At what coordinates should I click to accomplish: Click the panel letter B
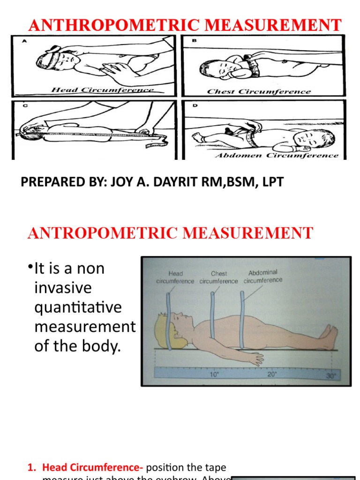(x=194, y=41)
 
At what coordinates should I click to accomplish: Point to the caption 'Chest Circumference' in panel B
(x=259, y=91)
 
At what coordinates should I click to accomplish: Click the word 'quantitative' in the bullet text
(x=78, y=307)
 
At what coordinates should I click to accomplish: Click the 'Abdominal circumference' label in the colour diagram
(x=262, y=276)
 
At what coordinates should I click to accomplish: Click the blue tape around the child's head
(x=168, y=315)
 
